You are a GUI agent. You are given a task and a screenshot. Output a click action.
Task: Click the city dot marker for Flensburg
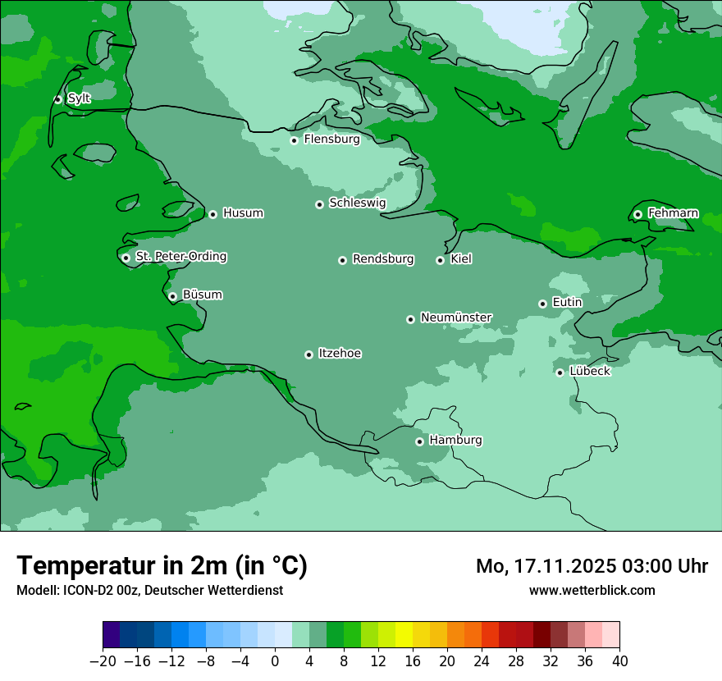point(294,140)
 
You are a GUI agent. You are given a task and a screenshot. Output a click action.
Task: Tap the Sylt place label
point(79,98)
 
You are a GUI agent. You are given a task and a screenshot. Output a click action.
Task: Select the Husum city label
point(243,213)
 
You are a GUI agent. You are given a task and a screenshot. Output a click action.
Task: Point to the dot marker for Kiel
point(440,260)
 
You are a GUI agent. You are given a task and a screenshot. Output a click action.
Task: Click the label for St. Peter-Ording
point(180,257)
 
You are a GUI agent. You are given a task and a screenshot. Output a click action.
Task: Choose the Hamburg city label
point(455,441)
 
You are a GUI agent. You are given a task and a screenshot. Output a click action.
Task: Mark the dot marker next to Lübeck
point(560,372)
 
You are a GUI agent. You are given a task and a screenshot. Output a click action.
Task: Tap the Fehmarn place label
point(673,213)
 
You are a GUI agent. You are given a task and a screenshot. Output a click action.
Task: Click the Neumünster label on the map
point(456,318)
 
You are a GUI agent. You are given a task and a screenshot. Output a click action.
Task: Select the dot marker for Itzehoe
point(308,354)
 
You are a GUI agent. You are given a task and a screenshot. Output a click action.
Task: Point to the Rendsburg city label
point(383,259)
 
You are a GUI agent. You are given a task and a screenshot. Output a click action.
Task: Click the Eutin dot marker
point(542,304)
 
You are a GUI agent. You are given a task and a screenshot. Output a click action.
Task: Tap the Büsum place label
point(202,295)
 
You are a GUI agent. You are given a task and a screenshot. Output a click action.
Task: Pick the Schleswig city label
point(357,203)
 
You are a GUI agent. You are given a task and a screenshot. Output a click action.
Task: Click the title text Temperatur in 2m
point(162,566)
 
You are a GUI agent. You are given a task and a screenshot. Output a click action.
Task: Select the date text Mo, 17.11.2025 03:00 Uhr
point(592,566)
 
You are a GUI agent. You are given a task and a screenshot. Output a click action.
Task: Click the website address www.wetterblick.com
point(592,590)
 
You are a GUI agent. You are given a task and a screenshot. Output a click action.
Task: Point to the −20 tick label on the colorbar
point(103,661)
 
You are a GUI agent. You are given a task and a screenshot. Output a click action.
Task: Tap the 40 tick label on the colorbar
point(619,661)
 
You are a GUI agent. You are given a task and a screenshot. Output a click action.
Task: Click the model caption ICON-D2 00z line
point(149,590)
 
